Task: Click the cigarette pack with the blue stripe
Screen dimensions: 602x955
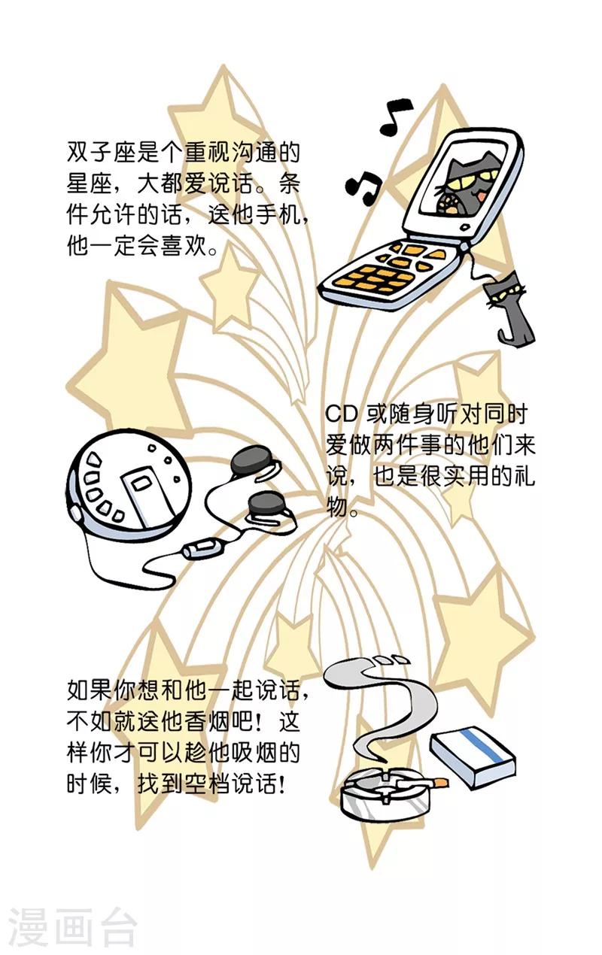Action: pyautogui.click(x=473, y=756)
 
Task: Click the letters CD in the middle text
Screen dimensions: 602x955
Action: pyautogui.click(x=342, y=414)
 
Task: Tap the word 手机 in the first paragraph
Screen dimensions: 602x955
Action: pyautogui.click(x=279, y=215)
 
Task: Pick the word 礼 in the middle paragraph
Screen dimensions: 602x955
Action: pyautogui.click(x=524, y=476)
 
